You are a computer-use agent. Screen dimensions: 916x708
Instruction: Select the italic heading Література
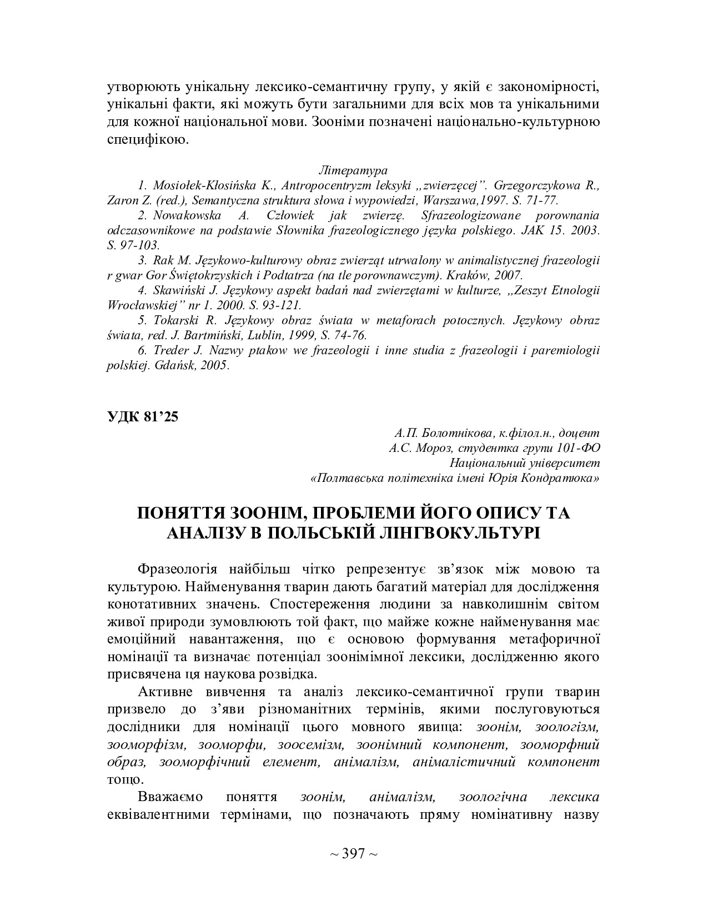tap(353, 170)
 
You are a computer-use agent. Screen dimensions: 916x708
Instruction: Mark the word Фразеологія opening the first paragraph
tap(177, 570)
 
